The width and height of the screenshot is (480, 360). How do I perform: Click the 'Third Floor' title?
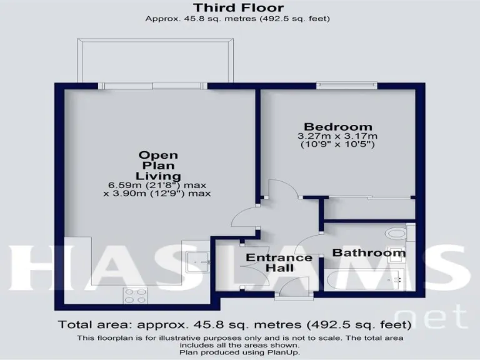(x=238, y=8)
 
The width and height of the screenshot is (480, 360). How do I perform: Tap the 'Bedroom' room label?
(x=337, y=126)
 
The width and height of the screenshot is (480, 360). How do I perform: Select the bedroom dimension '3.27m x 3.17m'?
(x=337, y=136)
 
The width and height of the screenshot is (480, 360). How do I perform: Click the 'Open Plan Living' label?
(x=158, y=165)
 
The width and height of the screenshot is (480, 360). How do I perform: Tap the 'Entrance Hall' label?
(x=279, y=262)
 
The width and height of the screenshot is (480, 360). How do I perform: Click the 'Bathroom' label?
(x=368, y=253)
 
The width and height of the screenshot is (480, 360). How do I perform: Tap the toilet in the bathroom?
(x=396, y=233)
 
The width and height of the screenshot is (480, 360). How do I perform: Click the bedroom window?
(x=346, y=85)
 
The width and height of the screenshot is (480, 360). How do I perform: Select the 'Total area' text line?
(x=234, y=324)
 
